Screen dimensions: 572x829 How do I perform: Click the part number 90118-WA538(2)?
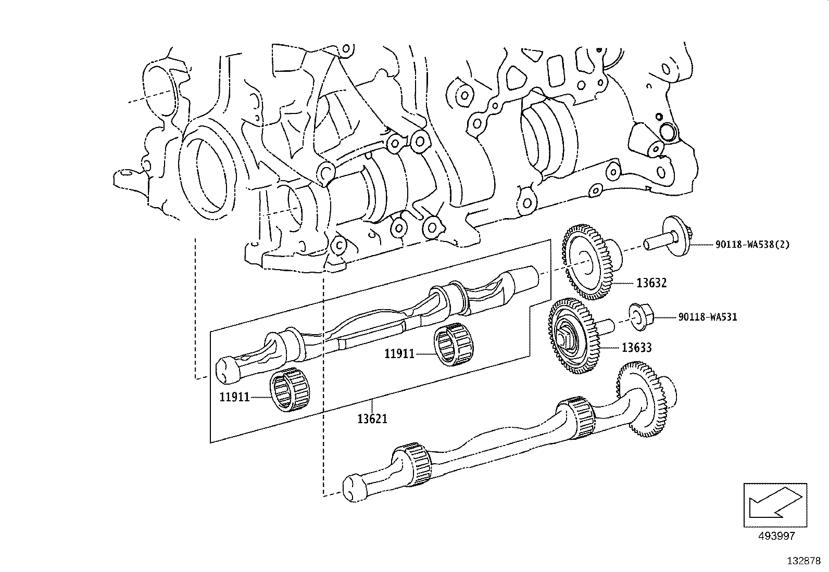[752, 244]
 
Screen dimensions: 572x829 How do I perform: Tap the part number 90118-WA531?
[707, 316]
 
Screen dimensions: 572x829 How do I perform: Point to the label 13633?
[636, 347]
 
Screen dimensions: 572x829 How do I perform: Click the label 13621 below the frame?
[372, 418]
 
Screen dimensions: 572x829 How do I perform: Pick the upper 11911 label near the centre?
[399, 354]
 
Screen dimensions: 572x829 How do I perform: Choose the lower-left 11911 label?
[234, 397]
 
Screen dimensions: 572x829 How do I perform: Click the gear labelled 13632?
[588, 262]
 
